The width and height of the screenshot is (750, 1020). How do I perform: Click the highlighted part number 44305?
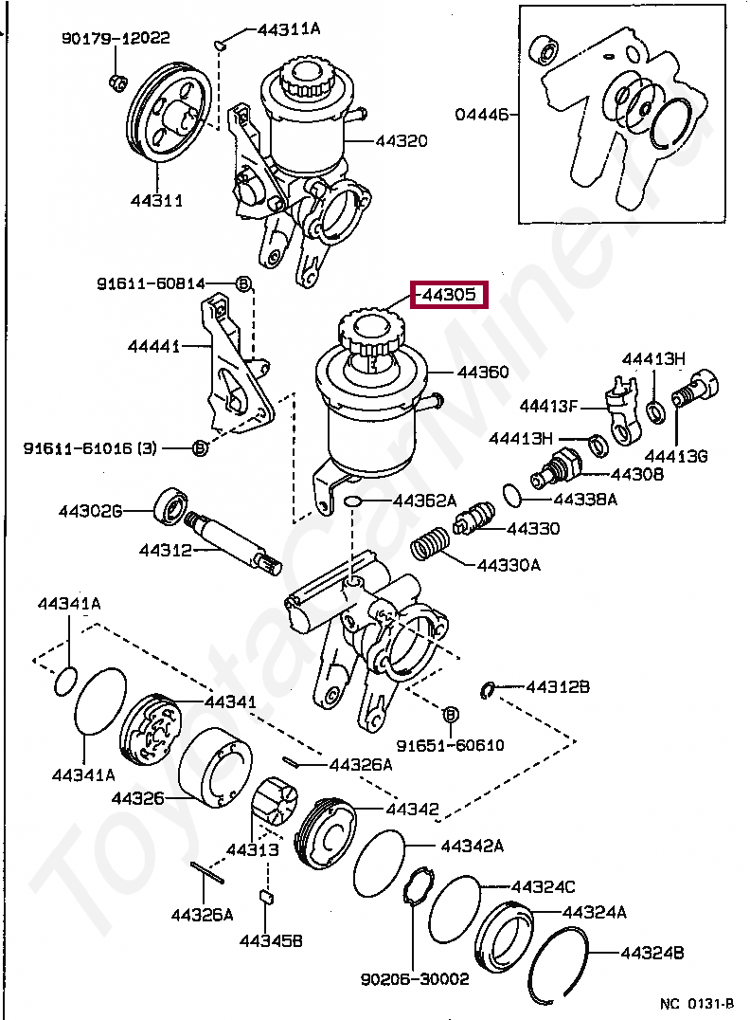(x=449, y=295)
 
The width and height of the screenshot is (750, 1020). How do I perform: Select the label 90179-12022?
(x=116, y=38)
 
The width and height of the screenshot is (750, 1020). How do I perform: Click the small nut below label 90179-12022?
(x=117, y=82)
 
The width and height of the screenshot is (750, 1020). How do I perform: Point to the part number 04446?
(x=482, y=115)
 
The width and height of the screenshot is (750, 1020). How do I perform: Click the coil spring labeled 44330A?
(x=430, y=543)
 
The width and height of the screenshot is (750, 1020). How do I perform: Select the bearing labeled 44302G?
(x=171, y=505)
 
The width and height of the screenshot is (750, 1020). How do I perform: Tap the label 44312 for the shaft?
(x=165, y=551)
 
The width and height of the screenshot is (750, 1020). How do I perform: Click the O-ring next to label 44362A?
(x=353, y=501)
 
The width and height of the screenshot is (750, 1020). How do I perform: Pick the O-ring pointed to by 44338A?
(x=512, y=495)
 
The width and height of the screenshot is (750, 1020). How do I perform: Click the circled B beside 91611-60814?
(x=243, y=283)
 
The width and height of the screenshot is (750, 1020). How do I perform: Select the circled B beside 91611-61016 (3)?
(x=201, y=448)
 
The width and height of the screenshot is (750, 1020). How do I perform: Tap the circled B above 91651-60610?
(x=451, y=714)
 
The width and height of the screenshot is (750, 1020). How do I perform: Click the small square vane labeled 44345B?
(x=266, y=897)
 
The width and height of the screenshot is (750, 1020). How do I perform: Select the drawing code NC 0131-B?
(x=697, y=1004)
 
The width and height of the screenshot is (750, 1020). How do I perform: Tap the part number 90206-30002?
(x=415, y=979)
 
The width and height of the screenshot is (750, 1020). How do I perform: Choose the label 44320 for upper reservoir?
(x=401, y=140)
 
